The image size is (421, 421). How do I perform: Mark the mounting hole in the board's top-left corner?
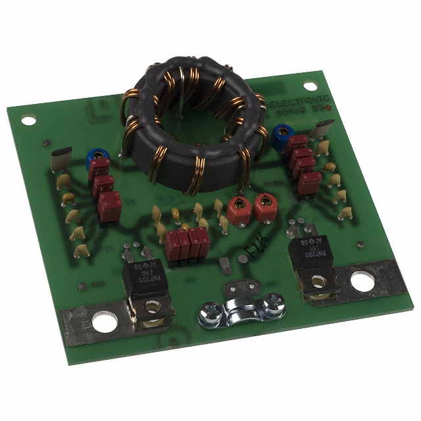pyautogui.click(x=28, y=120)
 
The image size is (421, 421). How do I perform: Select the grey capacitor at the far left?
pyautogui.click(x=60, y=160)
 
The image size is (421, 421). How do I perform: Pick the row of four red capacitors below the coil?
pyautogui.click(x=189, y=244)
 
